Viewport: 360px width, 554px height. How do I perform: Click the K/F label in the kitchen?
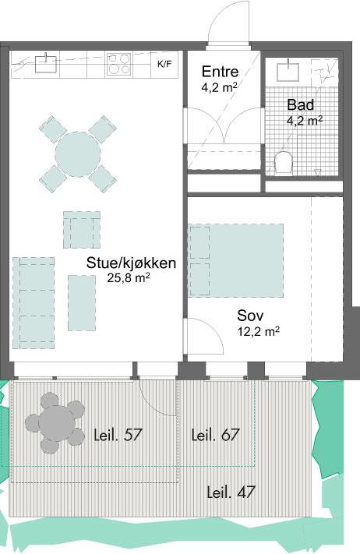point(164,65)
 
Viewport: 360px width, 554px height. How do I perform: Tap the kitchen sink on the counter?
point(45,63)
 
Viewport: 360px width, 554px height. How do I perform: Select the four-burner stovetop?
point(118,64)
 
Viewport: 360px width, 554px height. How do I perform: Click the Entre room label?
point(220,72)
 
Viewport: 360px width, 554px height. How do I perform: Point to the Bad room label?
point(300,104)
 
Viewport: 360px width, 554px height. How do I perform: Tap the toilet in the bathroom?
point(284,163)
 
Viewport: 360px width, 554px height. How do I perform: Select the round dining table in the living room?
point(78,154)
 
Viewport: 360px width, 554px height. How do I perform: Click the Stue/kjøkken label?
point(131,263)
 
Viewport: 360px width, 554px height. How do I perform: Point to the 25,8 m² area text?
point(129,278)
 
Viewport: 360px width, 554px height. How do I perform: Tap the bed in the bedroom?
point(235,260)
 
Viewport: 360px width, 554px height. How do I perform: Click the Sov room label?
point(250,315)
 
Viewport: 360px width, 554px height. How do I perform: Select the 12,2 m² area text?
point(259,331)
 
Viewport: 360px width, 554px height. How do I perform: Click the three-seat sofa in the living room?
point(34,303)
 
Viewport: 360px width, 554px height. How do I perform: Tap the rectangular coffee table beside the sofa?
point(82,303)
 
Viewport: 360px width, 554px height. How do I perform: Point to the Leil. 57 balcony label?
point(118,435)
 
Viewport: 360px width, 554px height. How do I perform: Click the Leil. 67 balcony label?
point(216,435)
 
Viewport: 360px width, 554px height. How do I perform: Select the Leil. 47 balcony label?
point(231,492)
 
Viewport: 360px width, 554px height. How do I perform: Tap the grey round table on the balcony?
point(55,423)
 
